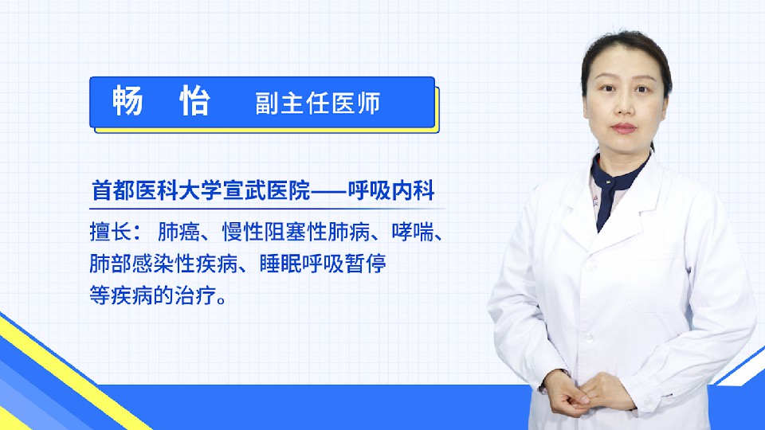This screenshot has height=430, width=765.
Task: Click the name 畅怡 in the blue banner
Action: (x=162, y=101)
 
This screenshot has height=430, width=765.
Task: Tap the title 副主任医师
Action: (x=318, y=104)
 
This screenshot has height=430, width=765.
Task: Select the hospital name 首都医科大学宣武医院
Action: (x=201, y=190)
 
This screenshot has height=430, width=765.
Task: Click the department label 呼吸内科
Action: (x=391, y=190)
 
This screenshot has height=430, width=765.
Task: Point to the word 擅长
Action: (x=111, y=232)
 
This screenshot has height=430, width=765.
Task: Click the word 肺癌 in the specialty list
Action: (x=179, y=232)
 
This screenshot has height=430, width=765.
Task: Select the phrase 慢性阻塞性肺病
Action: (x=296, y=232)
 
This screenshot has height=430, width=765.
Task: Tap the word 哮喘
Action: (x=413, y=232)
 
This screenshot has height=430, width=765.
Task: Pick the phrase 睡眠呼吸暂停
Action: (x=323, y=264)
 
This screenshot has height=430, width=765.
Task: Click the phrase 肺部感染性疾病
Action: (x=163, y=264)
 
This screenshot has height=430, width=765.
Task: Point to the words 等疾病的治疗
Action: (x=153, y=295)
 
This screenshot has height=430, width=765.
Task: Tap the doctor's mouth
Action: (x=624, y=128)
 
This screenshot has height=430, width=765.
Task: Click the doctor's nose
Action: (x=622, y=108)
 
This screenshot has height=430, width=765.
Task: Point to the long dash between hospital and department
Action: (x=329, y=190)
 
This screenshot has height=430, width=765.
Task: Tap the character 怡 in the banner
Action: (x=195, y=101)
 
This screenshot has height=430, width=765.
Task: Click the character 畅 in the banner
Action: (x=127, y=101)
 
